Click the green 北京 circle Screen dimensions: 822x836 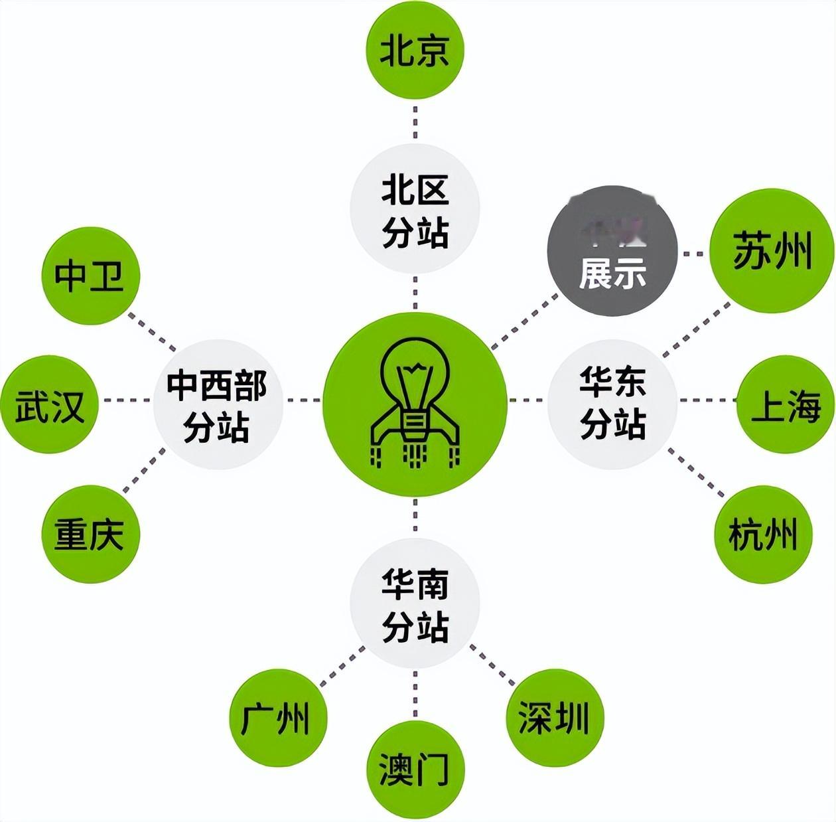click(x=415, y=50)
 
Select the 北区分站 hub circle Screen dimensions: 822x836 click(x=415, y=209)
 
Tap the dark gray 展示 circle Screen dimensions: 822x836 click(x=612, y=250)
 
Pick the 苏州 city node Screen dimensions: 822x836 click(x=771, y=251)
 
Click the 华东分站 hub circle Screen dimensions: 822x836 click(x=612, y=404)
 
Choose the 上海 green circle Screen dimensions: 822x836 click(x=786, y=404)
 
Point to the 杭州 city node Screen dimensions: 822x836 click(x=764, y=535)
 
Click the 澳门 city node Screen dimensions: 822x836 click(x=415, y=770)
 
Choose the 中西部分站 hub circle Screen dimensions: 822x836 click(x=218, y=404)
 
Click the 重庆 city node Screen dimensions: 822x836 click(x=90, y=534)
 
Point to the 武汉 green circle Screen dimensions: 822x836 click(x=50, y=404)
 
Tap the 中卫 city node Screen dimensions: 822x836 click(x=90, y=275)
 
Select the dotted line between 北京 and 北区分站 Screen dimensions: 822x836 click(x=415, y=121)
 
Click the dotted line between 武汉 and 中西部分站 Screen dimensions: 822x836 click(x=126, y=400)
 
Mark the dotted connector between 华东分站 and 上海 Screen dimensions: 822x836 click(x=707, y=400)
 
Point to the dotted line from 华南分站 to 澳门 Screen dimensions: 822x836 click(x=415, y=694)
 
